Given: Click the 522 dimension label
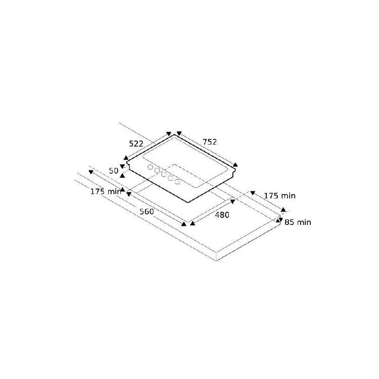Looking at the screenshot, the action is click(x=136, y=144).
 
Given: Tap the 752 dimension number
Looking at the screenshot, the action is click(x=210, y=142).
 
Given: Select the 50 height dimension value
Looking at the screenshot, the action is click(x=114, y=171).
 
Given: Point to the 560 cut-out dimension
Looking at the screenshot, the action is click(x=147, y=212).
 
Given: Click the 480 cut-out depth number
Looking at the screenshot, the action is click(x=222, y=215).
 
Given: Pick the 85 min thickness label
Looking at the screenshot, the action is click(x=298, y=222).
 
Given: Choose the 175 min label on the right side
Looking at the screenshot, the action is click(x=279, y=196).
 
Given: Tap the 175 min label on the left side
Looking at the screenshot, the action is click(x=106, y=192).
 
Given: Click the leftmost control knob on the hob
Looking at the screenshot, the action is click(x=150, y=167).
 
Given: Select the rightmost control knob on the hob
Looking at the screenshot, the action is click(x=177, y=182).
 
